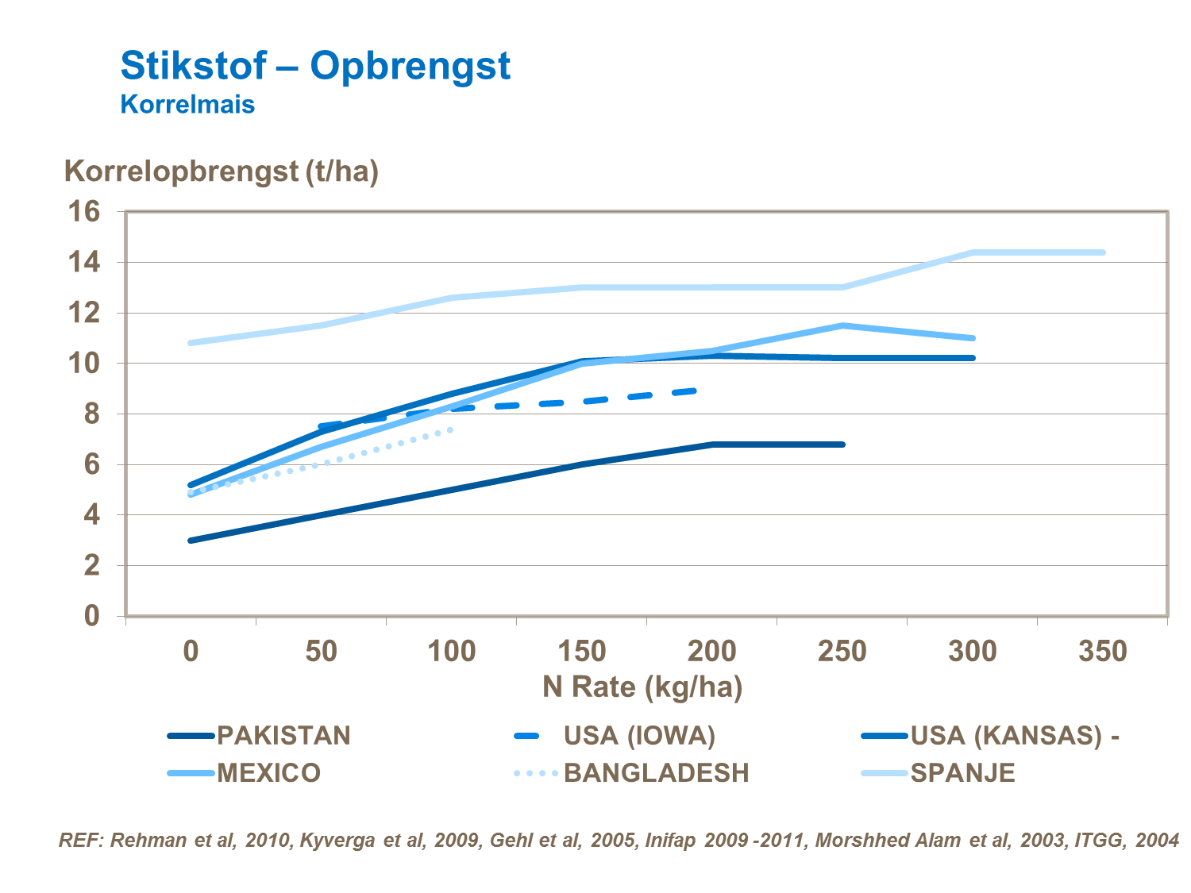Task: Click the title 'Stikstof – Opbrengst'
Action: (x=315, y=65)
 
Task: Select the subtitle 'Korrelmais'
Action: (x=187, y=105)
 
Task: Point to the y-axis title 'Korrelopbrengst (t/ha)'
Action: (x=221, y=171)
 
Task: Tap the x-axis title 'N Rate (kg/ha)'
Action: (x=642, y=687)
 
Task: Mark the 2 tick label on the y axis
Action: (x=92, y=566)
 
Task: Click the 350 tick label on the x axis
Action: (x=1103, y=652)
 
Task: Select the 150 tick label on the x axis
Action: (x=582, y=652)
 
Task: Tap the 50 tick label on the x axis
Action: (x=322, y=652)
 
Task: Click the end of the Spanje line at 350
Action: (x=1103, y=252)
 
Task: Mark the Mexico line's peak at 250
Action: (x=842, y=325)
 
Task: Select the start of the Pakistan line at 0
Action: (x=191, y=541)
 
